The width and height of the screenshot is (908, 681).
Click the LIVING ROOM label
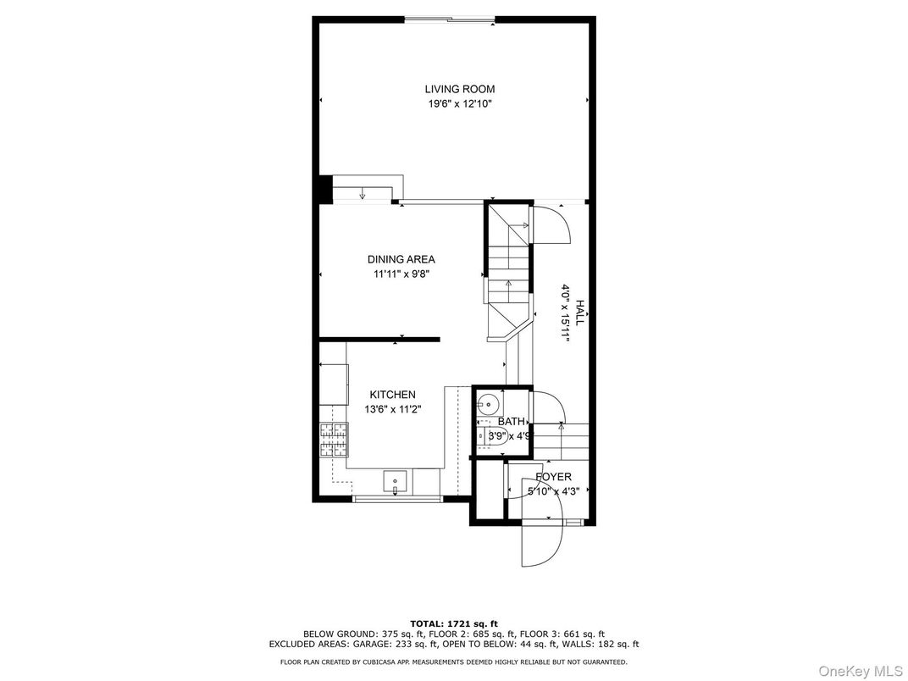coord(460,89)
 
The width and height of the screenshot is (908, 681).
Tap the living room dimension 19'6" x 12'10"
coord(460,104)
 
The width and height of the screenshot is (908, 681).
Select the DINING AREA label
coord(401,259)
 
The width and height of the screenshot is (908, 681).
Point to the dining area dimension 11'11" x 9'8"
coord(401,274)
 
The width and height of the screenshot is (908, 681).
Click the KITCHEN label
coord(393,395)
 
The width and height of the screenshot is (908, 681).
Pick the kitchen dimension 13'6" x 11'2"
coord(393,409)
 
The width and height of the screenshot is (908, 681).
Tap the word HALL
coord(579,312)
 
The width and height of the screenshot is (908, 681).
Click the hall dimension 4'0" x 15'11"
coord(565,313)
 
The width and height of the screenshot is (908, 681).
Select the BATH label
coord(512,422)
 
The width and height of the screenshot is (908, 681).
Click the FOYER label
coord(554,477)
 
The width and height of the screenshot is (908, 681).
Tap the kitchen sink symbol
coord(396,483)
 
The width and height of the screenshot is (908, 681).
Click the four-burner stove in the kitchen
coord(334,440)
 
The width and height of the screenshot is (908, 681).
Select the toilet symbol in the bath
coord(493,435)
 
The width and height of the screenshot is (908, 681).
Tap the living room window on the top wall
coord(450,20)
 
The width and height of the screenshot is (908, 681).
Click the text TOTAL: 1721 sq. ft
coord(454,623)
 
